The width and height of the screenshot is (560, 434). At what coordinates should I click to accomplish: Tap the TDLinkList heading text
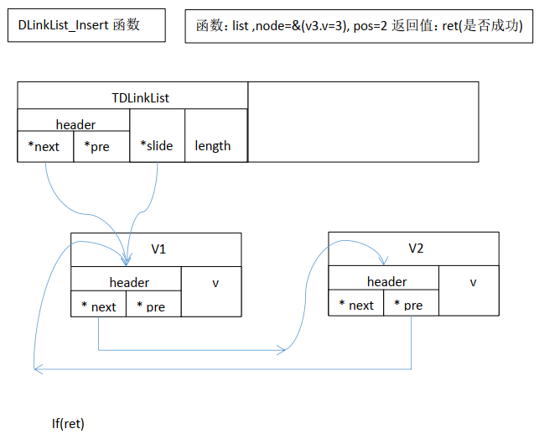pos(140,98)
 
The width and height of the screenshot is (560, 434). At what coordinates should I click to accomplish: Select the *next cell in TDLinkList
pos(45,147)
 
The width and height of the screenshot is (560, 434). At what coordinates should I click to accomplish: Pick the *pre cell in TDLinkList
pos(101,147)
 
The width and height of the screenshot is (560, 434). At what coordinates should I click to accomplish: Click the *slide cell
pos(157,146)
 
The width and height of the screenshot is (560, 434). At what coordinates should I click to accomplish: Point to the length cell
pos(213,146)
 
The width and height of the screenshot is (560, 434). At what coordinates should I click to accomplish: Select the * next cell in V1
pos(99,306)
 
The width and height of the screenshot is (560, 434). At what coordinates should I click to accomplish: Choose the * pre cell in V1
pos(153,306)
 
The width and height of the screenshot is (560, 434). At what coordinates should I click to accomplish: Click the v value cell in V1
pos(215,284)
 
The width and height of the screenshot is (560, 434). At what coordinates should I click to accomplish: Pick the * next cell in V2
pos(356,305)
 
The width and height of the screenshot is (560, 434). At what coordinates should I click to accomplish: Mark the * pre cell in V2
pos(411,305)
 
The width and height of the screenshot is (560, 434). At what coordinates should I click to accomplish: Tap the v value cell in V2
pos(473,282)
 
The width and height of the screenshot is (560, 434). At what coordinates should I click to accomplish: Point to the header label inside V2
pos(386,282)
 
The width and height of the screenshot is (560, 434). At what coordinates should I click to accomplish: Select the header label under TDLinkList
pos(75,125)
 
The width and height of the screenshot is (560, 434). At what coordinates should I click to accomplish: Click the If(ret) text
pos(68,423)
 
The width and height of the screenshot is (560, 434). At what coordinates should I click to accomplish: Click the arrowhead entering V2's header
pos(385,261)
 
